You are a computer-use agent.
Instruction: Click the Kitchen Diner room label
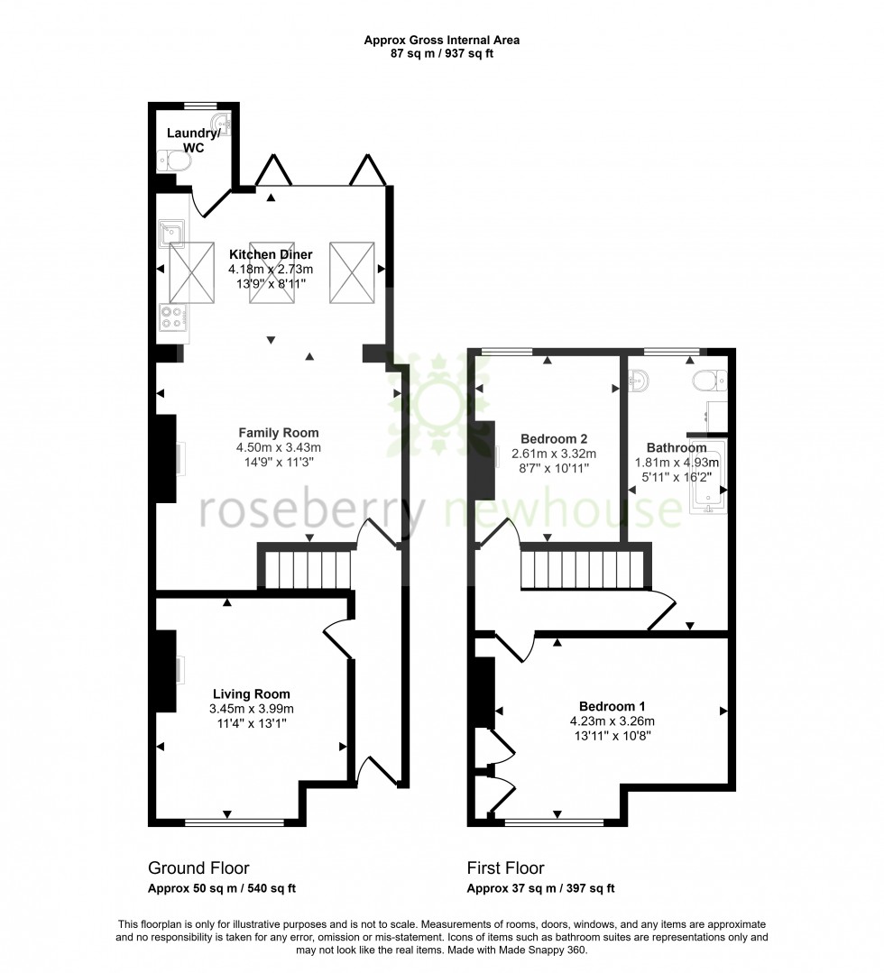[x=271, y=253]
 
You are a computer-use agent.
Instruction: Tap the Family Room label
[x=278, y=433]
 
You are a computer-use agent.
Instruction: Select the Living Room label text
[x=252, y=693]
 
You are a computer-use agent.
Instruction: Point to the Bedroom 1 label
[x=612, y=706]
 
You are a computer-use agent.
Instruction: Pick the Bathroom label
[x=677, y=447]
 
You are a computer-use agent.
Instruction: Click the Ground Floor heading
[x=198, y=868]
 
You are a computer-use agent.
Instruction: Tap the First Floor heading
[x=505, y=868]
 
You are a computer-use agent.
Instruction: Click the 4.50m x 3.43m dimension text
[x=279, y=447]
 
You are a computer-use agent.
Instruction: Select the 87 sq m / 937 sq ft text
[x=441, y=53]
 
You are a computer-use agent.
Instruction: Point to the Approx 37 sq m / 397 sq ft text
[x=540, y=888]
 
